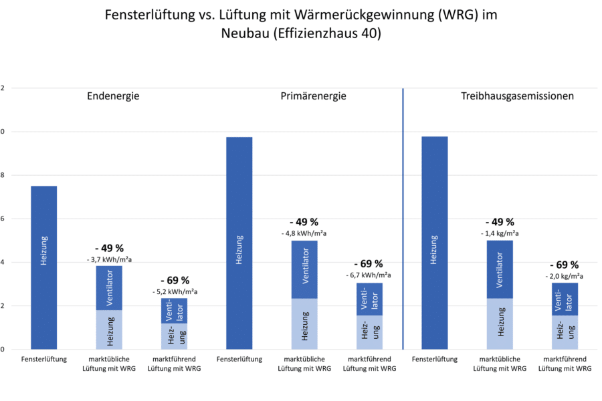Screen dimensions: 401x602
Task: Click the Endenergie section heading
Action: (x=113, y=96)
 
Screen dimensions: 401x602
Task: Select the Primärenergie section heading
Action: (x=313, y=96)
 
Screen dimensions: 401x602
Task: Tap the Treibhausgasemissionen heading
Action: (x=518, y=96)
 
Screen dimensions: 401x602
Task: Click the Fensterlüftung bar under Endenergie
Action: (x=43, y=267)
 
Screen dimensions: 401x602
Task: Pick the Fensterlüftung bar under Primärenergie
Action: (x=239, y=243)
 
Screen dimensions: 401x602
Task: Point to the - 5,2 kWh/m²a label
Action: (x=174, y=292)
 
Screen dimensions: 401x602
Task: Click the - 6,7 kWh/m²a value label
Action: (x=369, y=275)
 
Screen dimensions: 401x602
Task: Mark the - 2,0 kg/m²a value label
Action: (x=565, y=275)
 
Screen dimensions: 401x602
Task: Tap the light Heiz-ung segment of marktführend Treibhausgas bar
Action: (x=565, y=332)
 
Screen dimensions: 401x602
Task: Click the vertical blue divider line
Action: (x=403, y=217)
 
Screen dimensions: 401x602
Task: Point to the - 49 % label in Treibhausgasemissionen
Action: (x=500, y=223)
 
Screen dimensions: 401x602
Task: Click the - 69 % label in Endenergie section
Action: (x=175, y=280)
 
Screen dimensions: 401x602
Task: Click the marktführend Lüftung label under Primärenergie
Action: (x=369, y=364)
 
